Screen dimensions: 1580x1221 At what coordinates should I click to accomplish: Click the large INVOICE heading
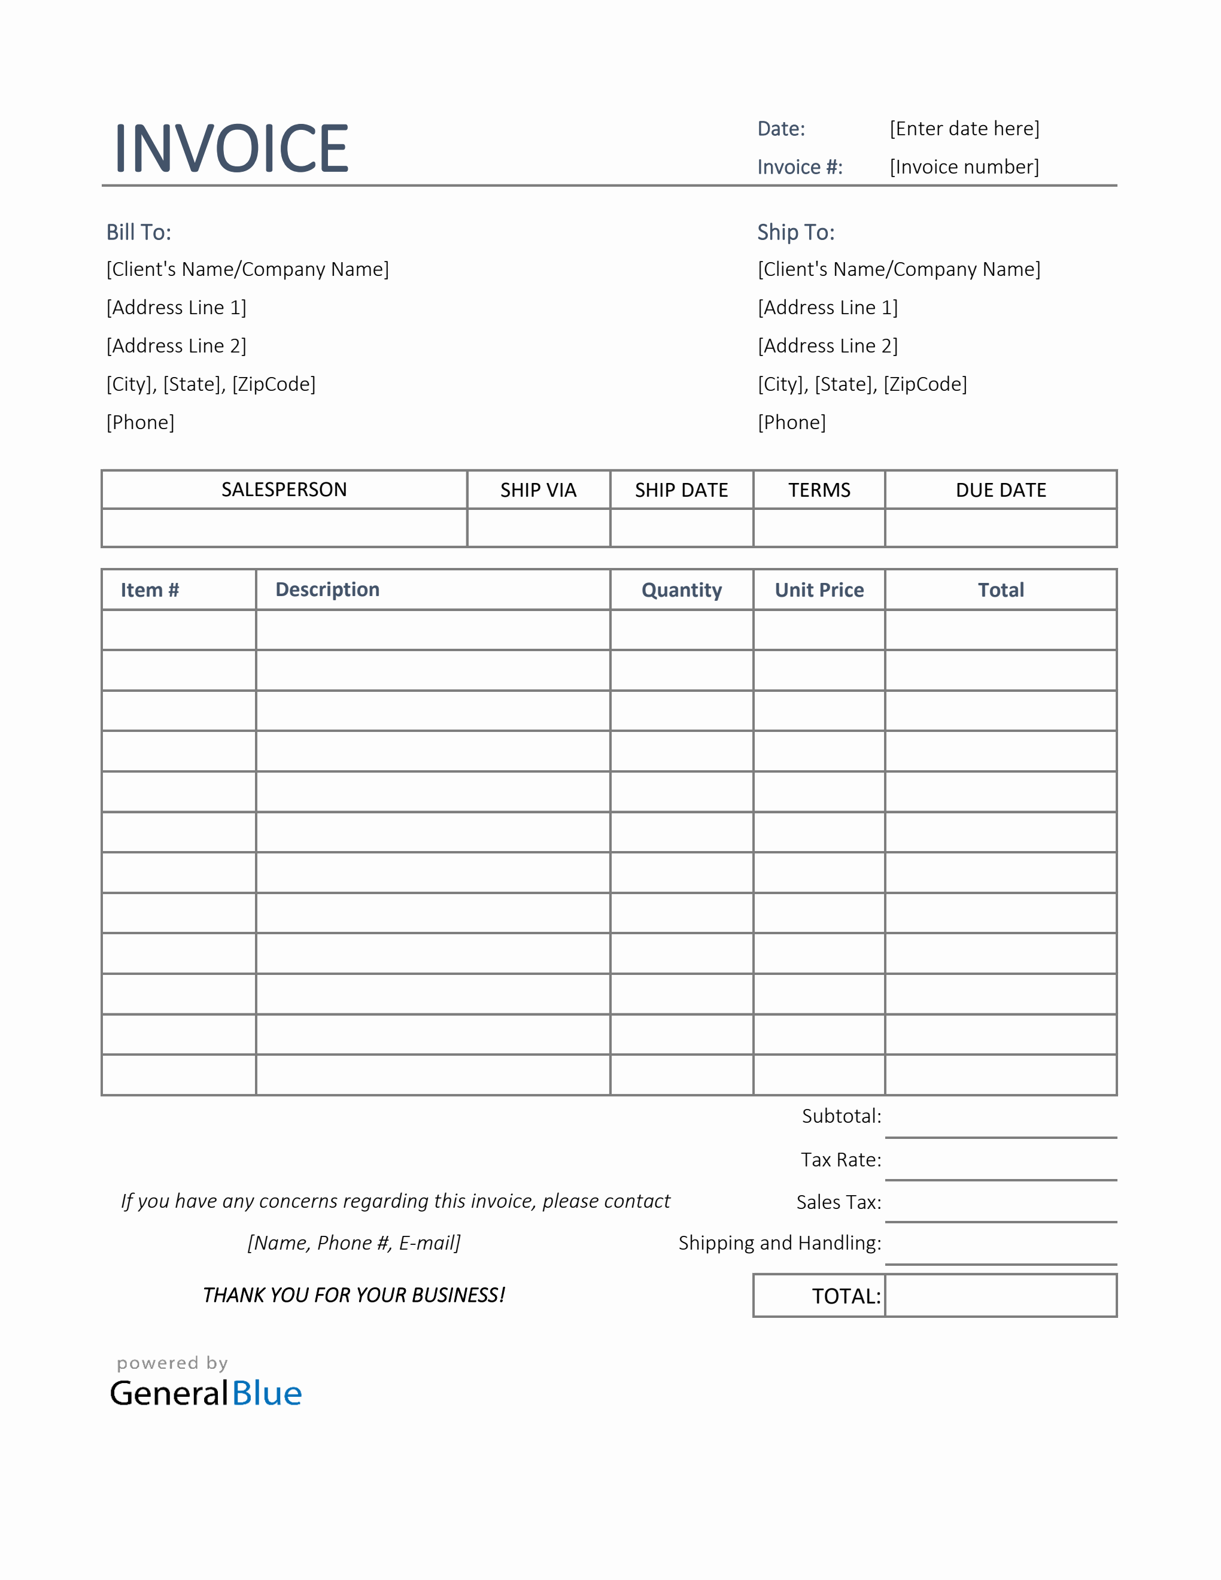click(x=232, y=148)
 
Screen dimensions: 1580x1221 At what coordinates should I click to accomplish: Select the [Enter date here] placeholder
click(x=964, y=129)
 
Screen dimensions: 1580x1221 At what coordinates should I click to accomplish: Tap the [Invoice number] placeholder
click(x=964, y=167)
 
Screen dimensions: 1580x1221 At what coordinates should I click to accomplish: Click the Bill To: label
click(x=139, y=232)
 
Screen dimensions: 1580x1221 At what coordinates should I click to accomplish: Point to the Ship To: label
click(x=795, y=232)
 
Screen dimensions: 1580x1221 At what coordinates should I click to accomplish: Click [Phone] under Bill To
click(x=140, y=423)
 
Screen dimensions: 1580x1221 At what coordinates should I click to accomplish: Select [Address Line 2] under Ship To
click(x=828, y=346)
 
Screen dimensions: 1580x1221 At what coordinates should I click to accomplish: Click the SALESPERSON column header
click(x=284, y=490)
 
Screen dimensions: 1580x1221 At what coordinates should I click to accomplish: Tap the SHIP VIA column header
click(x=538, y=490)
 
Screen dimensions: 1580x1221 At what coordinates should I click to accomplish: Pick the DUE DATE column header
click(x=1000, y=490)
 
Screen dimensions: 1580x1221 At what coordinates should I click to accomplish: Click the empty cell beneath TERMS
click(x=819, y=527)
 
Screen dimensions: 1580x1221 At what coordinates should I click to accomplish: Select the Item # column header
click(x=150, y=590)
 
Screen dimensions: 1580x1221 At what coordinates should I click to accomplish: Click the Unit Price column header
click(x=819, y=590)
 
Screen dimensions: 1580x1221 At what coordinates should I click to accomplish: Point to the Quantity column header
click(x=681, y=590)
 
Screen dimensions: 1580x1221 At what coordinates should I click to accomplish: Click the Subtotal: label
click(x=842, y=1116)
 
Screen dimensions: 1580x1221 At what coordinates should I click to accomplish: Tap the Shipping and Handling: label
click(x=780, y=1243)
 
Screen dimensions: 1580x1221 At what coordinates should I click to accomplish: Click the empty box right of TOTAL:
click(x=1000, y=1296)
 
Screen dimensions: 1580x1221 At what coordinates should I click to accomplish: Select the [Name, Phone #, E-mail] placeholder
click(x=354, y=1243)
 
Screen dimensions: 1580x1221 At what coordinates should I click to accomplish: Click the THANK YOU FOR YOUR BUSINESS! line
click(x=354, y=1295)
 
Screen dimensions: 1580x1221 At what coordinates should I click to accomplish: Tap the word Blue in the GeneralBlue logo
click(x=267, y=1393)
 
